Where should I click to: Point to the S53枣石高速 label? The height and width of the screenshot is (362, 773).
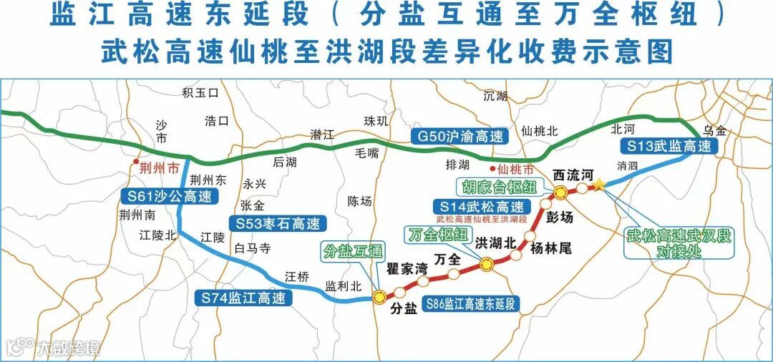coord(277,222)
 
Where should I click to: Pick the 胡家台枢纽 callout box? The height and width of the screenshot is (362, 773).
coord(495,187)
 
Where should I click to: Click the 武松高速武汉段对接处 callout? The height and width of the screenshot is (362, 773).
coord(679,243)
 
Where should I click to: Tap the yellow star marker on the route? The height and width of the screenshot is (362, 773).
coord(599,185)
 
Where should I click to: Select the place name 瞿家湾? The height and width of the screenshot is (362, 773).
coord(407,270)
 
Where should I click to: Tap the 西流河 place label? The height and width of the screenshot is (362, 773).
coord(575,175)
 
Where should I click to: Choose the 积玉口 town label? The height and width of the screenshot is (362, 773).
coord(200,93)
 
